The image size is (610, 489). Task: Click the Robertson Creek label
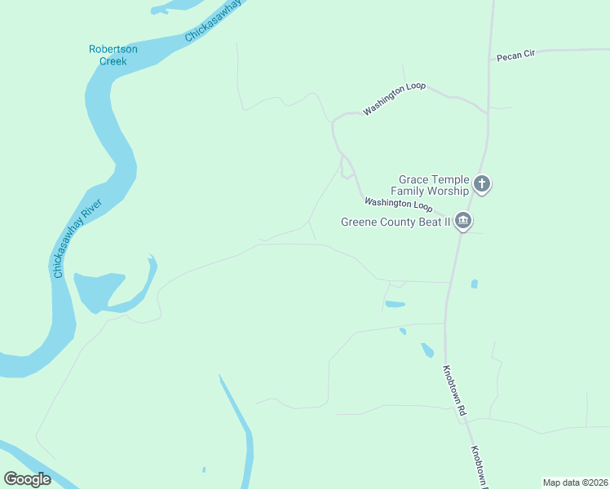113,55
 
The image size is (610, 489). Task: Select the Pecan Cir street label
515,55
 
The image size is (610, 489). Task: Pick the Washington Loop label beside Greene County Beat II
398,205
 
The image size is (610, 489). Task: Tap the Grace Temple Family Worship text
434,185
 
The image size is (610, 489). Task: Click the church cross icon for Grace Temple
482,184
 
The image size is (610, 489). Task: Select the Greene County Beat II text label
396,222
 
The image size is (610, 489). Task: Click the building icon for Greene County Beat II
463,221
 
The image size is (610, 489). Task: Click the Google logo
28,478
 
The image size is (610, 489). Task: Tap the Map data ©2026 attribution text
575,482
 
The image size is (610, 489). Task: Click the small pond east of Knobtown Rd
474,284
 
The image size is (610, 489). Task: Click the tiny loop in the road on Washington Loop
347,170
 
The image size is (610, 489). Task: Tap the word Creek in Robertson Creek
113,60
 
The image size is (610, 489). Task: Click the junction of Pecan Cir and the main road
489,59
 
